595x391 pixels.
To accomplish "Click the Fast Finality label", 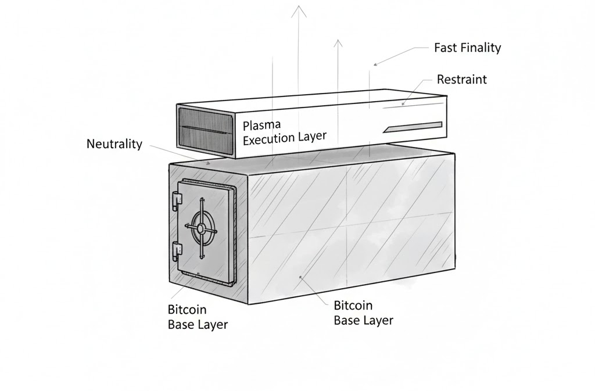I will point(467,48).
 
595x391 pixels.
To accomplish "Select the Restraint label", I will point(461,79).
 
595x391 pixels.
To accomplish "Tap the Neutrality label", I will point(114,144).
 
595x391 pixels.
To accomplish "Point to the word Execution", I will point(270,139).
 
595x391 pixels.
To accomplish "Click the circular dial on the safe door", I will point(200,228).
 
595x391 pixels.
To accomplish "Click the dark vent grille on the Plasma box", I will point(200,130).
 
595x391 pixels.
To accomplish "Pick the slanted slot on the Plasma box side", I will point(413,126).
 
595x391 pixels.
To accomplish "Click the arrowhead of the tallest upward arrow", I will point(299,9).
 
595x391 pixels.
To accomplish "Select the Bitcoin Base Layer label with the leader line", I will point(364,313).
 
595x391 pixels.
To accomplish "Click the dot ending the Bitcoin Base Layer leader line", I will point(300,277).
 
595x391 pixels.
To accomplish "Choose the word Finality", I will point(479,48).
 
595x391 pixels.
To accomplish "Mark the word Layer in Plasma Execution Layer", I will point(311,137).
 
